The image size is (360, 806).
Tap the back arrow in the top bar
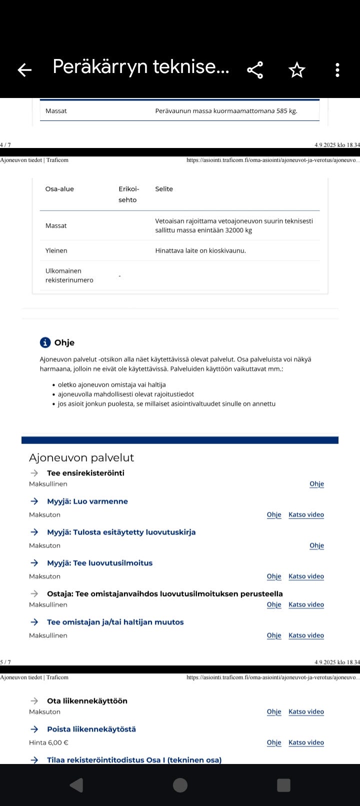pos(24,70)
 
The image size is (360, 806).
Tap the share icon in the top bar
pos(255,70)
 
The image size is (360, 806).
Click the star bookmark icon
pos(296,70)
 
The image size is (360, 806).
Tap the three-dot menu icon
pos(337,70)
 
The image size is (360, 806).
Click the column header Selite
pos(164,189)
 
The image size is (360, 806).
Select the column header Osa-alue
pos(59,189)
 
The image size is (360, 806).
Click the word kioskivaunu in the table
pos(227,250)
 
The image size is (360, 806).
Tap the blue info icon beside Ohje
pos(45,342)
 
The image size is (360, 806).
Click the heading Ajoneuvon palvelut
pos(81,457)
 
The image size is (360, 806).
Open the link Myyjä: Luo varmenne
pos(87,501)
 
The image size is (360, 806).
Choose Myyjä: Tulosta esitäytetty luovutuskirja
pos(121,532)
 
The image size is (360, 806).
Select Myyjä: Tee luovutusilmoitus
pos(99,563)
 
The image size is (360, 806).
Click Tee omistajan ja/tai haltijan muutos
pos(115,622)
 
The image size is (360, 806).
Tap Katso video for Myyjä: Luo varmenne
pos(306,514)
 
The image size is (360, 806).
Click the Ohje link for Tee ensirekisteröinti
pos(316,484)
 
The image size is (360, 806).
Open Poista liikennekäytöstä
pos(91,729)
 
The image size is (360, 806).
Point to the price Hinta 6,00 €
pos(48,742)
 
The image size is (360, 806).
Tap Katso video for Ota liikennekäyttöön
pos(306,711)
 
